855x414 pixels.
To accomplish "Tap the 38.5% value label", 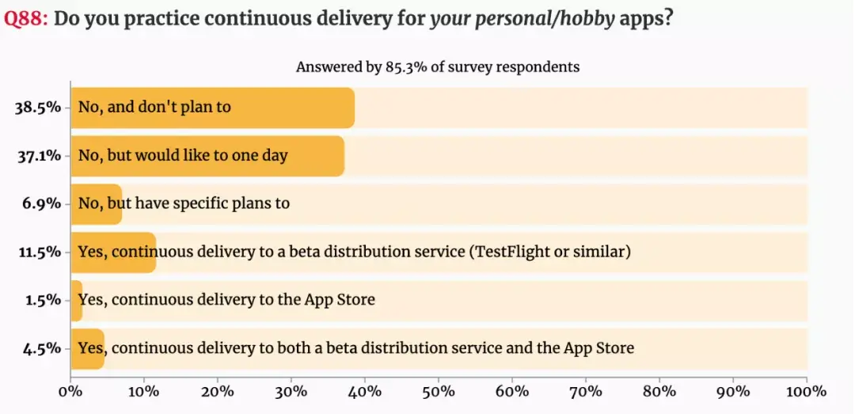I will (38, 108).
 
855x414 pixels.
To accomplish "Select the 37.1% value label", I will (38, 156).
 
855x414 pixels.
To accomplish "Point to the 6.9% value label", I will (42, 204).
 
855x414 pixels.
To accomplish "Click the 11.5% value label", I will (38, 253).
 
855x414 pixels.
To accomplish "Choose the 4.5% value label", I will (42, 349).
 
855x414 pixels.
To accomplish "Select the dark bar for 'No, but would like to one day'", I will (207, 156).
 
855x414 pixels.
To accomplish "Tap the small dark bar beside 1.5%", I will (76, 301).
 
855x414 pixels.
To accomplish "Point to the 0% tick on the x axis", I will (71, 391).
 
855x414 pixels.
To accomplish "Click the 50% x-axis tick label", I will (439, 391).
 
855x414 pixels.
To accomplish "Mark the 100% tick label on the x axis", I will (807, 391).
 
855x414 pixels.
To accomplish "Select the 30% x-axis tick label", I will (291, 391).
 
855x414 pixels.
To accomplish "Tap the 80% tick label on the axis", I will (659, 391).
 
